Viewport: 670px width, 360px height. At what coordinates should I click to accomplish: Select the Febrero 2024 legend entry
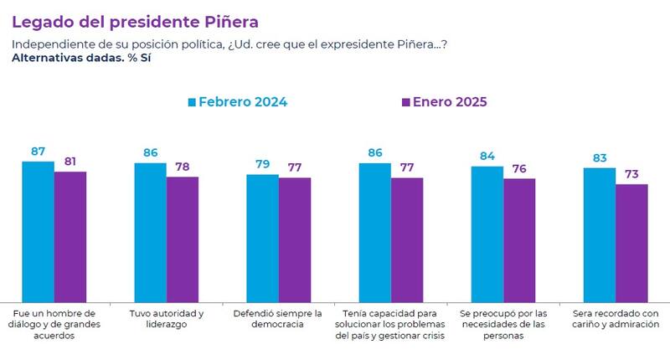click(x=237, y=101)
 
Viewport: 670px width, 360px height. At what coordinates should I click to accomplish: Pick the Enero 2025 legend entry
click(x=444, y=101)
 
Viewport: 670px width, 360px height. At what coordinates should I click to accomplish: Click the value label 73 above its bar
click(x=631, y=173)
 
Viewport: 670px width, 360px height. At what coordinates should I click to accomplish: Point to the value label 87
click(x=38, y=151)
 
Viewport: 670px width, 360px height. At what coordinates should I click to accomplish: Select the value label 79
click(x=262, y=163)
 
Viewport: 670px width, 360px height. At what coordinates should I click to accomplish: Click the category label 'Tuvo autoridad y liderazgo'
click(x=167, y=318)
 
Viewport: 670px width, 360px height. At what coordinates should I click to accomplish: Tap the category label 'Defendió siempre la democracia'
click(x=279, y=318)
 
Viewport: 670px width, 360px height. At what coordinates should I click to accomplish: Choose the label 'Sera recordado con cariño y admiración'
click(x=616, y=318)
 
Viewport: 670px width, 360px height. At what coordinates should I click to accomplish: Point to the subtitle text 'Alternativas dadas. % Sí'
click(x=75, y=58)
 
